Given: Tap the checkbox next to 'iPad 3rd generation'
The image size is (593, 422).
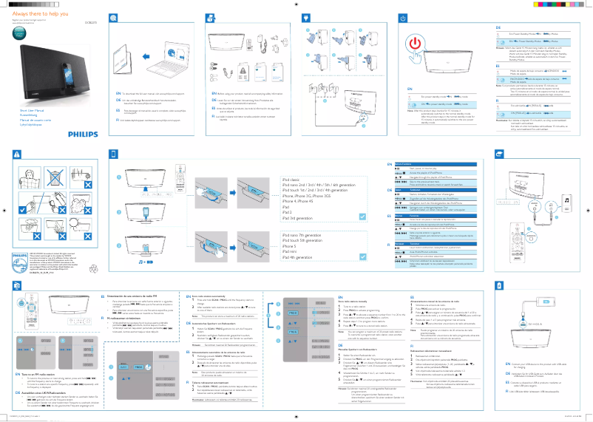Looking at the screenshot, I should pos(362,217).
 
